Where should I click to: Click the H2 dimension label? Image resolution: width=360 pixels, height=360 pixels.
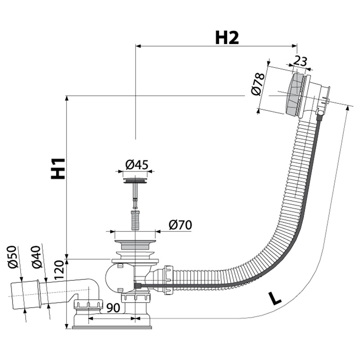(226, 38)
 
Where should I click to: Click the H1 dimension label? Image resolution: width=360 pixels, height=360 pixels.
(58, 168)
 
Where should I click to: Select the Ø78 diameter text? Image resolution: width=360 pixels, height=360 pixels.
(256, 84)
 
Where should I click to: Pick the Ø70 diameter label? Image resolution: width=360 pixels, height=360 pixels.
(179, 225)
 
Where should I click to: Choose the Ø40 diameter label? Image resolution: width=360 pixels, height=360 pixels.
(38, 256)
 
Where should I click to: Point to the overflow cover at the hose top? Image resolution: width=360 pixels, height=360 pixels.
(296, 95)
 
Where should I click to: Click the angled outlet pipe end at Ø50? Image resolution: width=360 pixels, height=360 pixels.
(20, 292)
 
